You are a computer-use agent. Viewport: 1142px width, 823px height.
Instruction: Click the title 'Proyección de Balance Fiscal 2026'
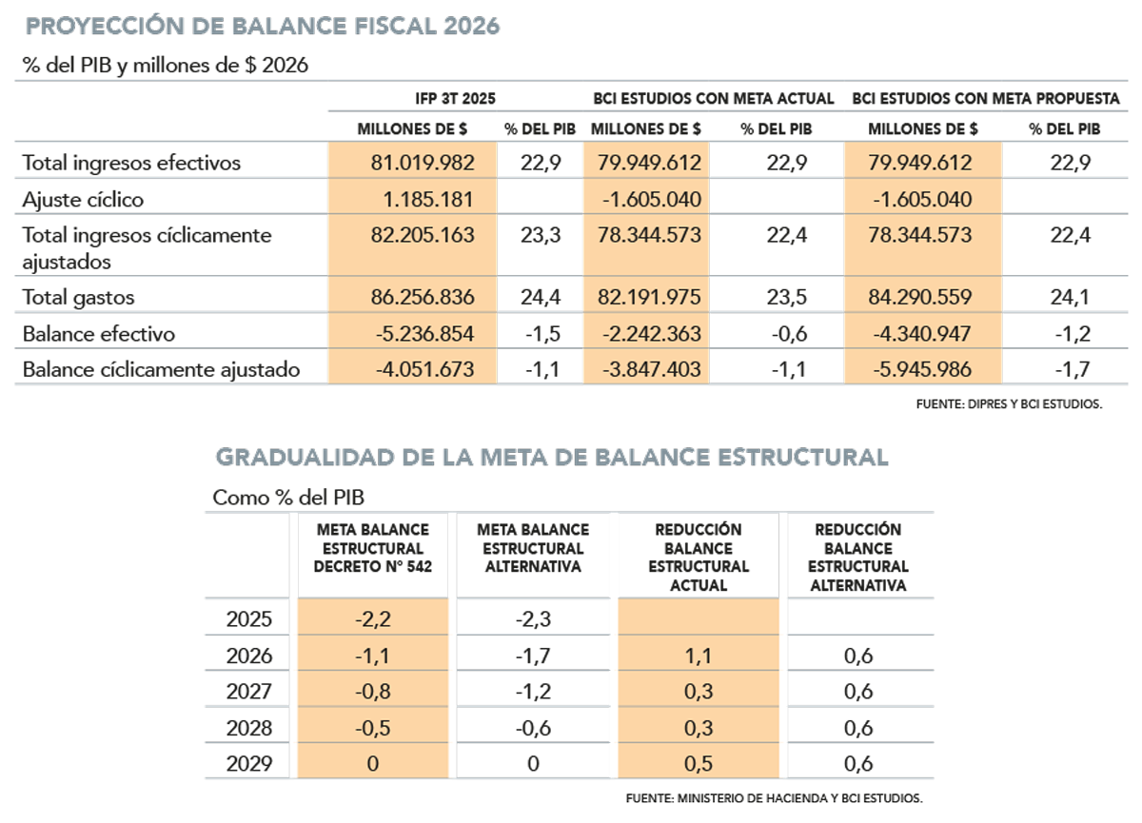(262, 27)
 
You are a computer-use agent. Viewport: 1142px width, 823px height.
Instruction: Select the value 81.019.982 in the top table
(423, 163)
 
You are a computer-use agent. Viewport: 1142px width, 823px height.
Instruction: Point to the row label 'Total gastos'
(78, 298)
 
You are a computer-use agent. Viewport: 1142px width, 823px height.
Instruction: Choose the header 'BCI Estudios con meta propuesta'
(986, 99)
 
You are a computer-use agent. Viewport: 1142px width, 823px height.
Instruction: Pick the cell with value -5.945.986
(921, 370)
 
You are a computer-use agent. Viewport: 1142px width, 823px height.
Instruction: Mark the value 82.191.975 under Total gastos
(650, 298)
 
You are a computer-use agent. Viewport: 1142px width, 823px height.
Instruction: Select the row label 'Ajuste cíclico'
(83, 200)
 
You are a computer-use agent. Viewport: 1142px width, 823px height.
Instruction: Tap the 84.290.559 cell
(921, 298)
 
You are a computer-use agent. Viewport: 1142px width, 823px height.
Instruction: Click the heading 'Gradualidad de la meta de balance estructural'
(552, 458)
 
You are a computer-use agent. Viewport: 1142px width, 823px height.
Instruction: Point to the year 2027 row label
(249, 692)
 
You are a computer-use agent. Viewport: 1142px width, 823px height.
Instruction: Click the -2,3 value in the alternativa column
(533, 619)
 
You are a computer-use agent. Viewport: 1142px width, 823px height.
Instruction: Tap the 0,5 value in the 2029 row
(699, 764)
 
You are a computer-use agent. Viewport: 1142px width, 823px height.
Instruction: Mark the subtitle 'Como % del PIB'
(288, 498)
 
